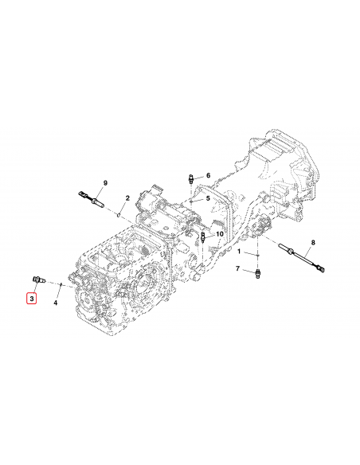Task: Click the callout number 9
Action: click(104, 183)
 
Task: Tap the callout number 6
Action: click(208, 175)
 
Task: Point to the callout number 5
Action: click(208, 198)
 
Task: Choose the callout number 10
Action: click(220, 234)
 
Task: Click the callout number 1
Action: click(237, 252)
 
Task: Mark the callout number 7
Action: click(237, 270)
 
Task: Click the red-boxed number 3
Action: click(31, 299)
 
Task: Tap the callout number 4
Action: click(56, 303)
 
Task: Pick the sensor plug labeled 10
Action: click(205, 239)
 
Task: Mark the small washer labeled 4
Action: click(61, 283)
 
